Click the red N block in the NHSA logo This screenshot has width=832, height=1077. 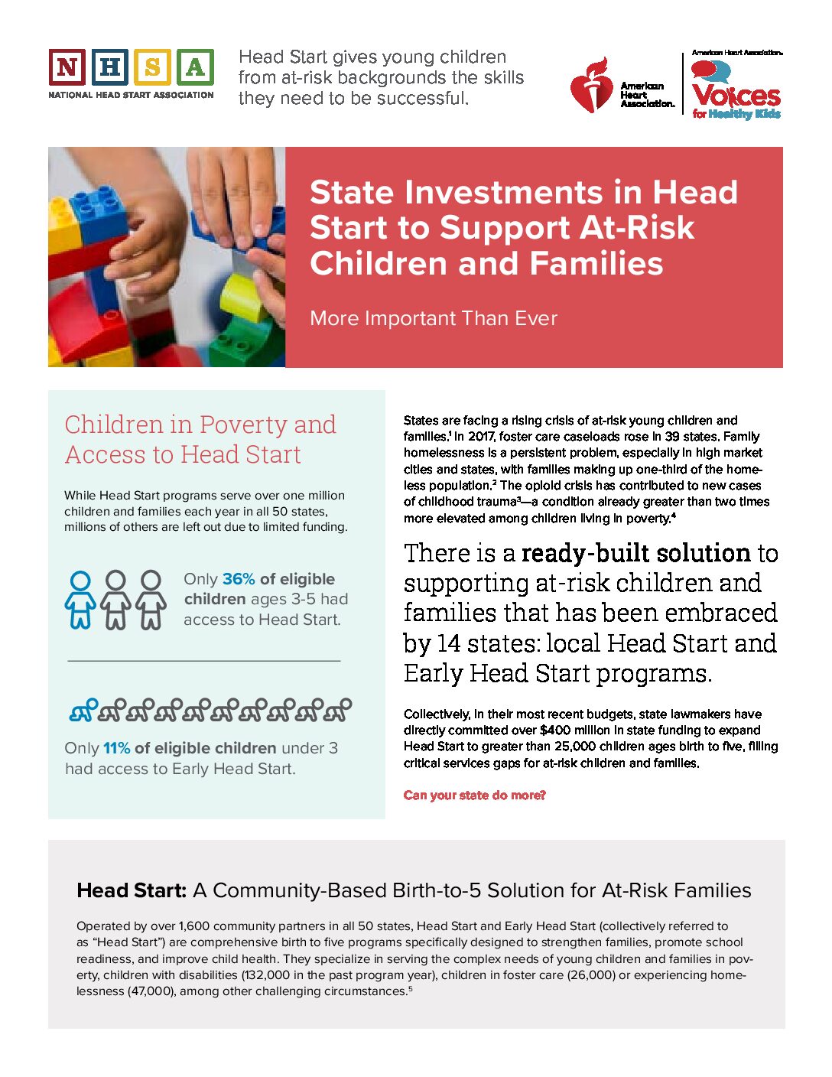tap(67, 67)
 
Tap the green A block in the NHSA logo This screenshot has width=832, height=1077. tap(194, 67)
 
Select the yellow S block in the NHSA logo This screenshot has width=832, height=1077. tap(151, 67)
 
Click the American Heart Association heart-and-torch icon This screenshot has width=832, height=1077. tap(590, 84)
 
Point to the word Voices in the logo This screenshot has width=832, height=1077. tap(736, 96)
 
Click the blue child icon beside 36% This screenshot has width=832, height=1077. tap(80, 600)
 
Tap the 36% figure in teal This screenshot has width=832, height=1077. tap(239, 579)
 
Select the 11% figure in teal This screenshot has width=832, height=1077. tap(117, 748)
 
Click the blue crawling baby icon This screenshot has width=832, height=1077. tap(83, 711)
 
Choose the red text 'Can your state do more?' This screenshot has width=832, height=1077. tap(474, 796)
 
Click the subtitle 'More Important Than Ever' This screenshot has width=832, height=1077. tap(434, 318)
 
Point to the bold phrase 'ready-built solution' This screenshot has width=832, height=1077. tap(636, 553)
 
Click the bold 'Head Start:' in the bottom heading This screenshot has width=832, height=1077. tap(132, 890)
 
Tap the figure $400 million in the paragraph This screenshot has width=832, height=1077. tap(574, 730)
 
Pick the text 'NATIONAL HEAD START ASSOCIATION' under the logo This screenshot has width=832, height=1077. tap(131, 95)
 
